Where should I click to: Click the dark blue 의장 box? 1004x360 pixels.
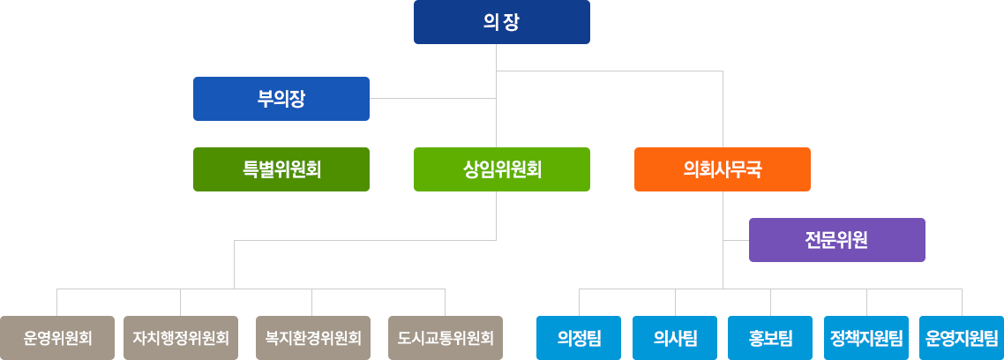(x=501, y=22)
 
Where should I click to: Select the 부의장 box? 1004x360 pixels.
(x=281, y=98)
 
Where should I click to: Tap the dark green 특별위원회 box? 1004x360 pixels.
(x=281, y=169)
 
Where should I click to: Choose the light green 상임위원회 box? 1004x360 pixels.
(x=501, y=169)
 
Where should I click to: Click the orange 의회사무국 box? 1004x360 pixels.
(x=722, y=169)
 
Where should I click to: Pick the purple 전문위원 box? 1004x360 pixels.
(x=836, y=240)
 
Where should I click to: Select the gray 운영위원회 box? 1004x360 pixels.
(x=57, y=338)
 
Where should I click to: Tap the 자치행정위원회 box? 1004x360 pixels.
(x=181, y=338)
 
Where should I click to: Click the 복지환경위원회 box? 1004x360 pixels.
(x=312, y=338)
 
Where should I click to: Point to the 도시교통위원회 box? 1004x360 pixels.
(x=445, y=338)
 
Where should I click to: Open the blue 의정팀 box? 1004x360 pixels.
(x=580, y=338)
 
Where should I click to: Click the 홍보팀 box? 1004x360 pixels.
(x=771, y=338)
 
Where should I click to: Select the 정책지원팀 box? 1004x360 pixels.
(x=866, y=338)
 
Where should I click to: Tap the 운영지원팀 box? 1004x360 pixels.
(x=962, y=338)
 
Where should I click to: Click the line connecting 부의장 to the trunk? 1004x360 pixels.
(x=432, y=99)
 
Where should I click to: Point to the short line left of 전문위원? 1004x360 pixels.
(x=736, y=240)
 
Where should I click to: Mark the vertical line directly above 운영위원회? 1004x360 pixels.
(x=57, y=302)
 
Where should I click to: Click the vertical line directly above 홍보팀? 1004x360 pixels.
(x=771, y=302)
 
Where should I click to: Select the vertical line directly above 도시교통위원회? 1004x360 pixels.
(x=445, y=302)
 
